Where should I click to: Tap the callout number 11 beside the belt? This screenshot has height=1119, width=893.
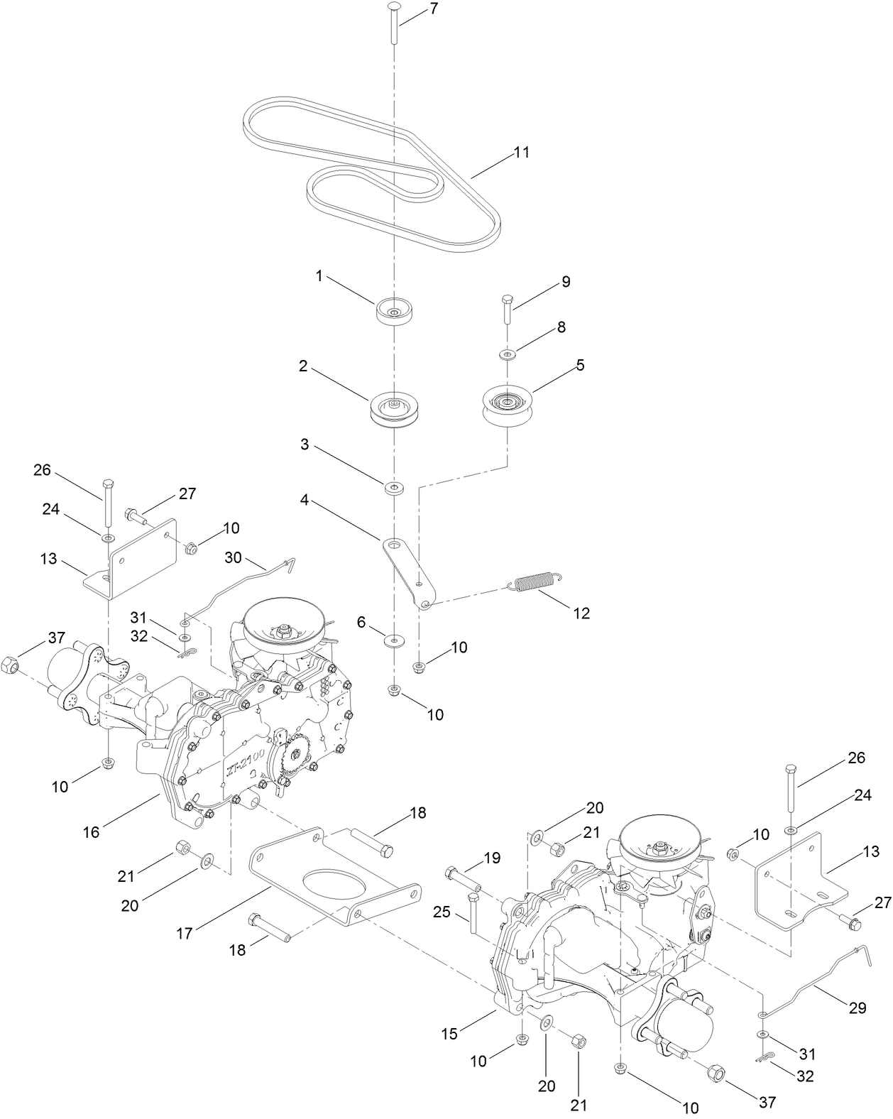[x=522, y=152]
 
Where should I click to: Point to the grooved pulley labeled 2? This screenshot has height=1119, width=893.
[x=393, y=409]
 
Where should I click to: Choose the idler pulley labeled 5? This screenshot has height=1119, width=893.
[x=508, y=405]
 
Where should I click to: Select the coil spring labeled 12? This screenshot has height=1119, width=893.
[x=535, y=582]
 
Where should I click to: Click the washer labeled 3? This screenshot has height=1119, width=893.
[x=393, y=488]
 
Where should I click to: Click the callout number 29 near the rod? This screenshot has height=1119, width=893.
[x=858, y=1007]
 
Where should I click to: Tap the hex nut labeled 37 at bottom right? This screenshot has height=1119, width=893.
[x=716, y=1072]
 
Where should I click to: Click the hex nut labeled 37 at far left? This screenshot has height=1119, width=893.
[x=10, y=665]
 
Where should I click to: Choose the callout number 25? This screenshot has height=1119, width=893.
[x=442, y=912]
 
